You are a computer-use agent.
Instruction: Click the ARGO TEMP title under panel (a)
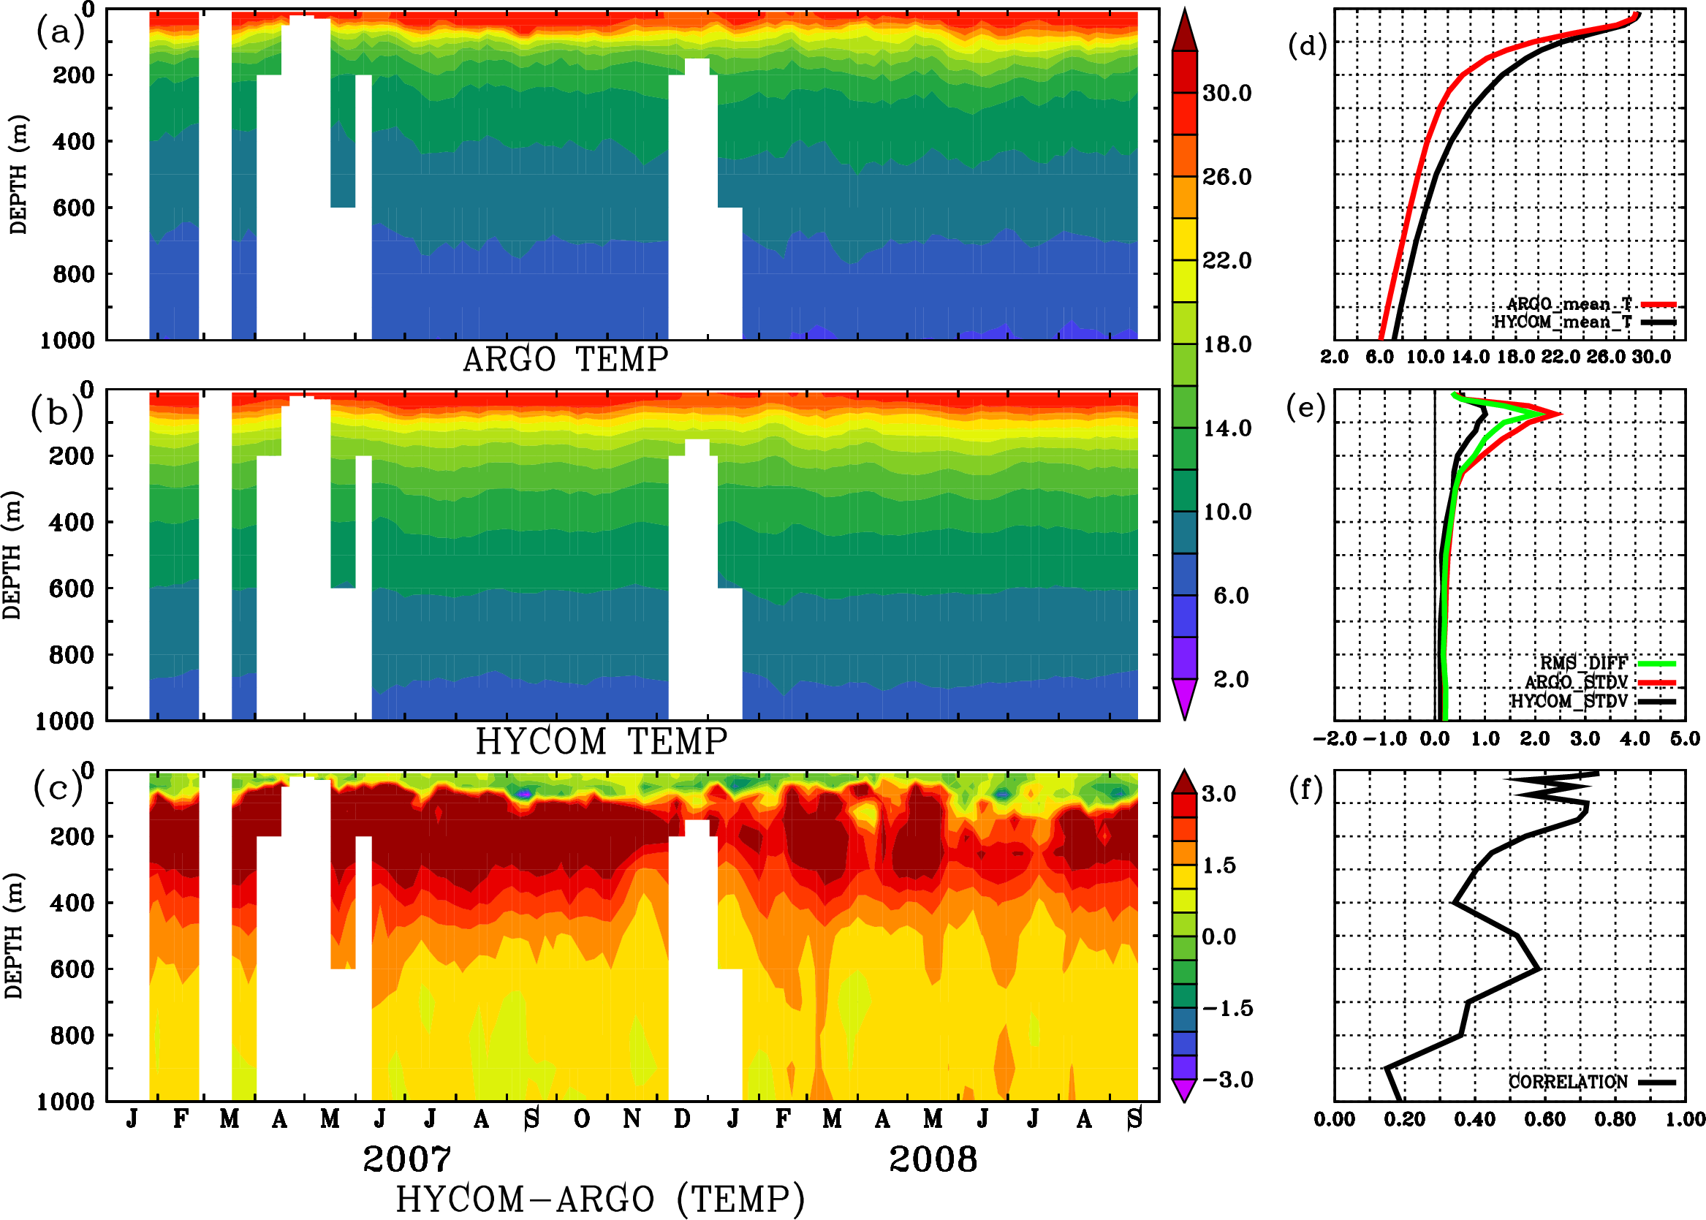click(565, 360)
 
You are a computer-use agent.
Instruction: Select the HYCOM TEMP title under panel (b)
click(601, 741)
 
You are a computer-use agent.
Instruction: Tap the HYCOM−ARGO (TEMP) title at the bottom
click(599, 1199)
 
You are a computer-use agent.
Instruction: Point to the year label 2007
click(406, 1159)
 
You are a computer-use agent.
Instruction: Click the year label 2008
click(932, 1159)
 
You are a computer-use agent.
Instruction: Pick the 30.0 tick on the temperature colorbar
click(1227, 93)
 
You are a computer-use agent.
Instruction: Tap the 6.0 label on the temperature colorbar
click(1230, 596)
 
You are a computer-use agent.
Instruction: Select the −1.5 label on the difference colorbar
click(1227, 1008)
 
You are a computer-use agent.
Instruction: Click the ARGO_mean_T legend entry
click(1569, 304)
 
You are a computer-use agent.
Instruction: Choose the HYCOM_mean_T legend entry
click(1563, 322)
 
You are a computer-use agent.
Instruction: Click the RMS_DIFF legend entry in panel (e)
click(1583, 662)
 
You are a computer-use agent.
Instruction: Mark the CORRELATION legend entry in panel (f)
click(1568, 1082)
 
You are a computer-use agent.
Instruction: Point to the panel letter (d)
click(1307, 46)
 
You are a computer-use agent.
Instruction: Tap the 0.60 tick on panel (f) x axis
click(1544, 1119)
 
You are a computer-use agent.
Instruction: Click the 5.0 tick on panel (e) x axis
click(1685, 738)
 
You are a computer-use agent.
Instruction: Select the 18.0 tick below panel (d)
click(1515, 357)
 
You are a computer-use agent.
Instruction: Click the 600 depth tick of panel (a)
click(73, 208)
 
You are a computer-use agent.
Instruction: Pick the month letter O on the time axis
click(581, 1118)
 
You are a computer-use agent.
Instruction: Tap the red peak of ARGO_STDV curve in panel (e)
click(1561, 414)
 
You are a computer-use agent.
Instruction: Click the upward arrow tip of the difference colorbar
click(1185, 771)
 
